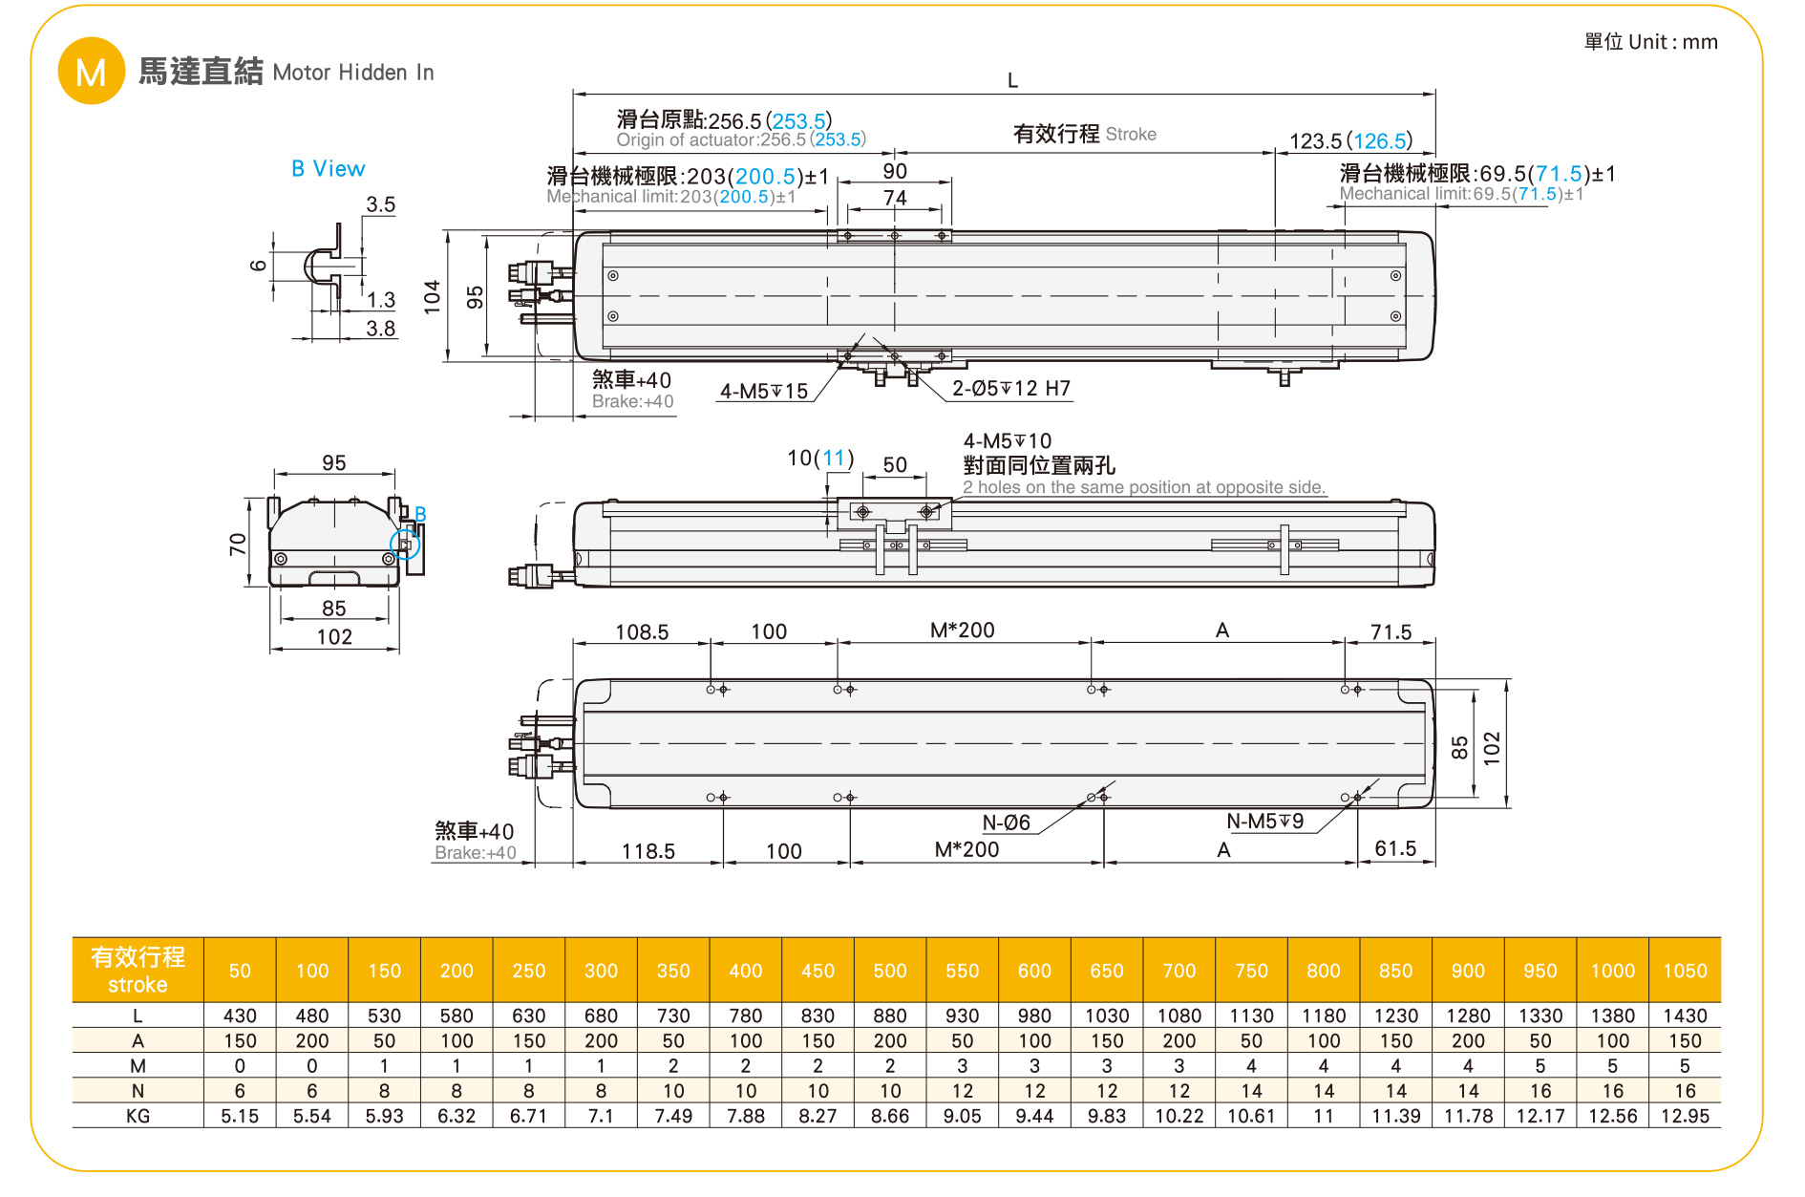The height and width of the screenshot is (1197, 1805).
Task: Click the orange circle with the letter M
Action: click(91, 72)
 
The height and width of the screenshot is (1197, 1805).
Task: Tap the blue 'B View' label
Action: click(328, 169)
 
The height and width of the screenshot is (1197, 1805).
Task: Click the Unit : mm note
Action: click(1650, 42)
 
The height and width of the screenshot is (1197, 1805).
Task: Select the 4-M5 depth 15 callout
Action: click(763, 392)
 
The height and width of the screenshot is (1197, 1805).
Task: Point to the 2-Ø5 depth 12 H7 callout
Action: click(1010, 389)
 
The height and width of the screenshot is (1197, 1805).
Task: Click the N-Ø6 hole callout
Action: click(1006, 823)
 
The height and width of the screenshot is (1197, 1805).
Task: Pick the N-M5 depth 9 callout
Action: click(1263, 822)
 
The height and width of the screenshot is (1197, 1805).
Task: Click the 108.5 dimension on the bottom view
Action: click(642, 632)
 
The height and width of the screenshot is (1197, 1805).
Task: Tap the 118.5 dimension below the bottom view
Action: click(648, 851)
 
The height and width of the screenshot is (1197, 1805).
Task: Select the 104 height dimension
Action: click(433, 296)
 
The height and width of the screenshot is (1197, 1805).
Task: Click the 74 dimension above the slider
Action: click(895, 198)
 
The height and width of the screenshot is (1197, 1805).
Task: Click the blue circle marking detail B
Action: click(405, 545)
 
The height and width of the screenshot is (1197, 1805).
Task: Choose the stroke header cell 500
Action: click(890, 971)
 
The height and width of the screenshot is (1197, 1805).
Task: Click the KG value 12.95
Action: click(1685, 1116)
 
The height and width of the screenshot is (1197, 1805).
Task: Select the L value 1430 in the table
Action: click(1685, 1015)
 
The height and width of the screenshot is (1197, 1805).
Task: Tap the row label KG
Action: click(138, 1116)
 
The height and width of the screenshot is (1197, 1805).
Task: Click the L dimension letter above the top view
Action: click(1012, 81)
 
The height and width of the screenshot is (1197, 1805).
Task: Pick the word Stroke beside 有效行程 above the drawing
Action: click(1131, 135)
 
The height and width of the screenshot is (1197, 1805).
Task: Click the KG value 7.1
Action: click(601, 1116)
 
